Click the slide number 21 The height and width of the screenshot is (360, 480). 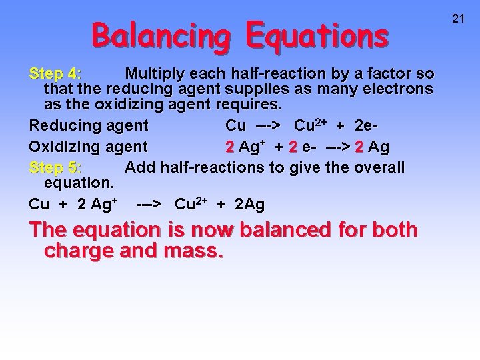[x=458, y=19]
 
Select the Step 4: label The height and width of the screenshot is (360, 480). [x=55, y=73]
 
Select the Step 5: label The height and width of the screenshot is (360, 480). [x=55, y=167]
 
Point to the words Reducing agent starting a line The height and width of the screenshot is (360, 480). [x=89, y=125]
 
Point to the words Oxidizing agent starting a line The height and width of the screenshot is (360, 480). [x=89, y=147]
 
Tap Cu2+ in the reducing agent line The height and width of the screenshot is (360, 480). [x=313, y=125]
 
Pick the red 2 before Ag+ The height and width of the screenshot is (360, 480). [x=229, y=147]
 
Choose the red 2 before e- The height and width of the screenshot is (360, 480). [x=292, y=147]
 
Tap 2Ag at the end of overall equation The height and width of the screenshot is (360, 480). [x=249, y=204]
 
